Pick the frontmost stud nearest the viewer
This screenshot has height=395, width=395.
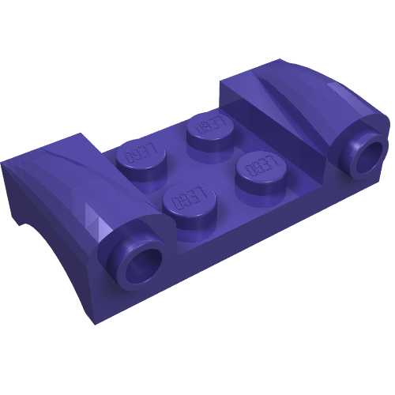189,200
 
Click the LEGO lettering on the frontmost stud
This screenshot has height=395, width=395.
189,198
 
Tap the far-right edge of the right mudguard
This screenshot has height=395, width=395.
387,126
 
